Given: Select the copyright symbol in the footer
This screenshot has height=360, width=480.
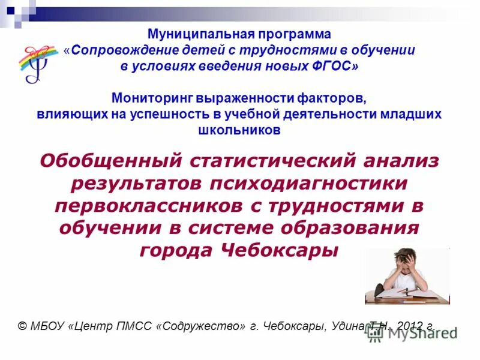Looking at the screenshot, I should [22, 326].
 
